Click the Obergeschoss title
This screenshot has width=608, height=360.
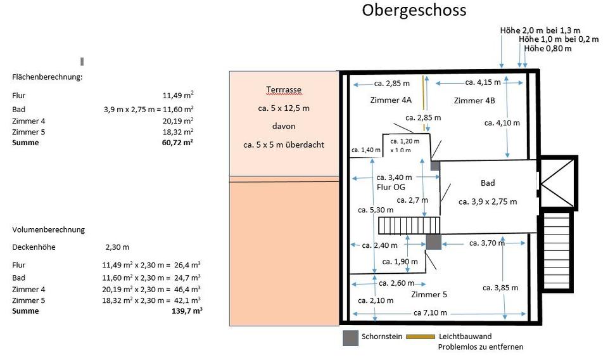pos(414,11)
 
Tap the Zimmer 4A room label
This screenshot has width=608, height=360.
pos(391,100)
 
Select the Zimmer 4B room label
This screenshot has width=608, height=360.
pos(474,101)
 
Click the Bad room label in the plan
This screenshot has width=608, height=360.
pos(488,183)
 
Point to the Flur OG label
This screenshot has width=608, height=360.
pos(391,187)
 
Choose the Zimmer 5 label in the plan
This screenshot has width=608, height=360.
pos(429,295)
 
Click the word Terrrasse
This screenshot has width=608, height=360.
pos(284,89)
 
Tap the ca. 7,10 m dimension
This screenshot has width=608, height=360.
pos(431,312)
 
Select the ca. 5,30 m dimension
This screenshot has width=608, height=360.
pos(376,210)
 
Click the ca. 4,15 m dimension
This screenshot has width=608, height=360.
pos(483,82)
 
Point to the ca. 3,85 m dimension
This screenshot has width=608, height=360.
pos(500,288)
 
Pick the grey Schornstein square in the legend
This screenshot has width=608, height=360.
pos(350,338)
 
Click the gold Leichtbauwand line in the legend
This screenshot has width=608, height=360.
pos(421,337)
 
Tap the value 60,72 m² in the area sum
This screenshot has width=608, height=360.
pos(177,143)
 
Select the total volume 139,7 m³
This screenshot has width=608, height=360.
pos(187,311)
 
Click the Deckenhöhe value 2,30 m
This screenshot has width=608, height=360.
pos(118,247)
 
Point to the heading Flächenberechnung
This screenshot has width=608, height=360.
pos(47,77)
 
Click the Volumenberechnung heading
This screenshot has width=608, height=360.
pos(49,229)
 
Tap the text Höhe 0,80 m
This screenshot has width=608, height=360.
pos(548,49)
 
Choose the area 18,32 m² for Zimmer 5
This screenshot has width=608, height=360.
pos(178,132)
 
